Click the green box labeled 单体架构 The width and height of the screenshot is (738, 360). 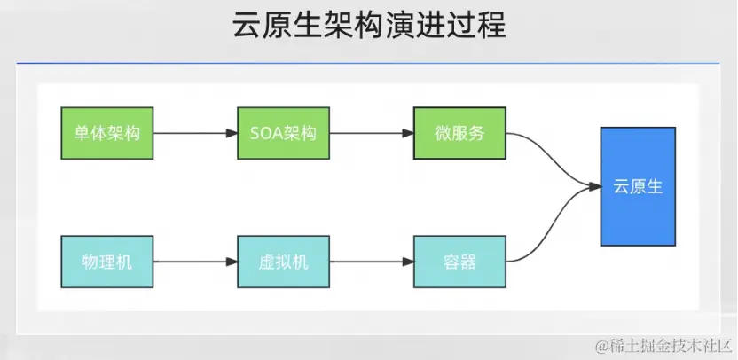click(107, 134)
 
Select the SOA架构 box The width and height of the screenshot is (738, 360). click(284, 134)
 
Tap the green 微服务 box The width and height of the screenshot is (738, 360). click(459, 134)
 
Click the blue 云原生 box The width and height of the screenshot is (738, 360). click(638, 186)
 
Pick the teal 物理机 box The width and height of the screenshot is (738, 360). click(107, 262)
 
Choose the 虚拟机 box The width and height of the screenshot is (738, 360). click(284, 262)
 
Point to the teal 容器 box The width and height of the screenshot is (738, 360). click(459, 262)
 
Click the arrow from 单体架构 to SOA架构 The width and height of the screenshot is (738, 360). click(195, 134)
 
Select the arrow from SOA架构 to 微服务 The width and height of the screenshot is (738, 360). click(372, 134)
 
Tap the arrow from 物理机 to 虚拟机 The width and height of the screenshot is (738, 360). click(195, 262)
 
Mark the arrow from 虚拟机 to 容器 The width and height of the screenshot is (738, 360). click(372, 262)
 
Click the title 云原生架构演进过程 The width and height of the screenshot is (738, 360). click(368, 27)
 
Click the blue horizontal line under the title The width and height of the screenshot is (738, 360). click(368, 64)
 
